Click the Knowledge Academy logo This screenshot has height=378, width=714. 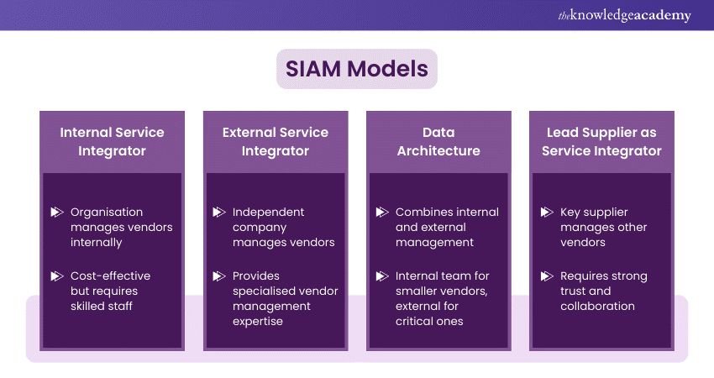point(624,15)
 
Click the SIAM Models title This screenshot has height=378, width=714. point(357,68)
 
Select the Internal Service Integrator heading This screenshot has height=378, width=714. point(112,142)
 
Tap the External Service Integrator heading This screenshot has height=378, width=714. point(276,142)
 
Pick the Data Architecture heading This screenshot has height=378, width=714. point(438,142)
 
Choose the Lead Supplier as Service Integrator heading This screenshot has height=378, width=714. point(601,142)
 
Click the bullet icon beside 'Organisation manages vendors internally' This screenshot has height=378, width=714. point(57,213)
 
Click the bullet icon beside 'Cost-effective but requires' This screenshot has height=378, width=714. point(57,276)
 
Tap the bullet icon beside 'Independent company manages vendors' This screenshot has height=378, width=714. point(219,213)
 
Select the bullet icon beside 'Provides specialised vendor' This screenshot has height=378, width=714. point(219,276)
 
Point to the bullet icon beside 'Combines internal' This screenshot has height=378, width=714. point(382,213)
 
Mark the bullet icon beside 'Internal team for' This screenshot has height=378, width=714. point(382,276)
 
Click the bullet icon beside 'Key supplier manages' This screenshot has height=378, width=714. point(547,213)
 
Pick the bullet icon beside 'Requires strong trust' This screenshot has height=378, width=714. point(547,276)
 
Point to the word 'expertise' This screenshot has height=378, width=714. point(259,322)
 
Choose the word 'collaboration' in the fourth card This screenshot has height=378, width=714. point(597,307)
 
